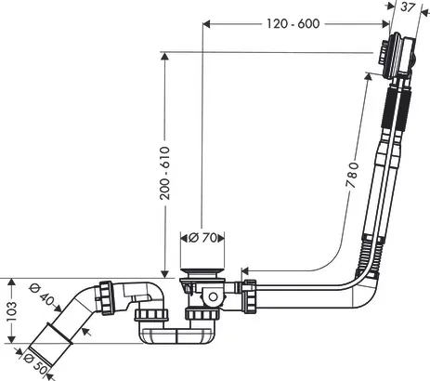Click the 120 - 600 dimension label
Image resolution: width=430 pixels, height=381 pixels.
[293, 23]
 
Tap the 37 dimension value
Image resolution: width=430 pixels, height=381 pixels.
[408, 7]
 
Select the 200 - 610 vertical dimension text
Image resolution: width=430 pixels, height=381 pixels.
[165, 173]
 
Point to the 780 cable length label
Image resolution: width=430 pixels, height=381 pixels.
[352, 175]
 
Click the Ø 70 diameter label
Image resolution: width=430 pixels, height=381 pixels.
[202, 238]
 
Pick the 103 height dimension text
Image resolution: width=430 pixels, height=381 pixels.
[11, 311]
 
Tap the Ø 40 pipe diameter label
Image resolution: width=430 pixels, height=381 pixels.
[42, 295]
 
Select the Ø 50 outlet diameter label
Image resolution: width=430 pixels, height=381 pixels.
[35, 363]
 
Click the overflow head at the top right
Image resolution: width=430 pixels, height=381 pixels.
[397, 58]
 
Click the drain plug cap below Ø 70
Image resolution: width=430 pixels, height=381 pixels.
[202, 272]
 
